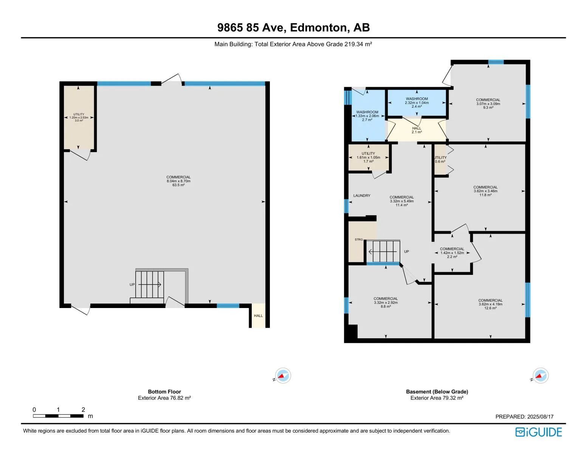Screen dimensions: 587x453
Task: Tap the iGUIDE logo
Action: click(538, 432)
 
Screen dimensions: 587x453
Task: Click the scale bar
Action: click(58, 416)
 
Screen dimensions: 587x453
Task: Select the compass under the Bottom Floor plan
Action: click(283, 375)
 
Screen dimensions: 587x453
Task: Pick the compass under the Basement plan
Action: click(540, 375)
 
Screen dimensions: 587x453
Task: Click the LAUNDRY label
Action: click(362, 196)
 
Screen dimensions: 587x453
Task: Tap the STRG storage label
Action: click(358, 240)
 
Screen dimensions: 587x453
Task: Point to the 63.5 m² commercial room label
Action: click(178, 181)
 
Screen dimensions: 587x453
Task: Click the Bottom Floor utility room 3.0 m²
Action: click(79, 117)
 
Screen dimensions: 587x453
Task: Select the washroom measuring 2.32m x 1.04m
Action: click(417, 103)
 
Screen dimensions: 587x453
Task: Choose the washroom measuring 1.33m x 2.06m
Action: click(367, 116)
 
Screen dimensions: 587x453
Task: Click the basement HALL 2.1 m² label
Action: click(417, 130)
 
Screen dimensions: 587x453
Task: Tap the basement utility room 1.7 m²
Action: click(368, 157)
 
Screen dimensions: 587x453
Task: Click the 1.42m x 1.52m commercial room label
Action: click(452, 253)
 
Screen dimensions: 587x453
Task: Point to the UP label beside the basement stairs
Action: click(406, 251)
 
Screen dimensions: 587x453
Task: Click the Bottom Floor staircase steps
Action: click(149, 284)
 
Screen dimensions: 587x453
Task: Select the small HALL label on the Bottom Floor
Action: click(258, 316)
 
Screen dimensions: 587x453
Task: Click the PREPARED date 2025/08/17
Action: click(524, 417)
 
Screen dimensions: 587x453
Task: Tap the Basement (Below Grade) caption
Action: click(437, 391)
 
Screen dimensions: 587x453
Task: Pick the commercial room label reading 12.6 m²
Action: click(490, 304)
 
